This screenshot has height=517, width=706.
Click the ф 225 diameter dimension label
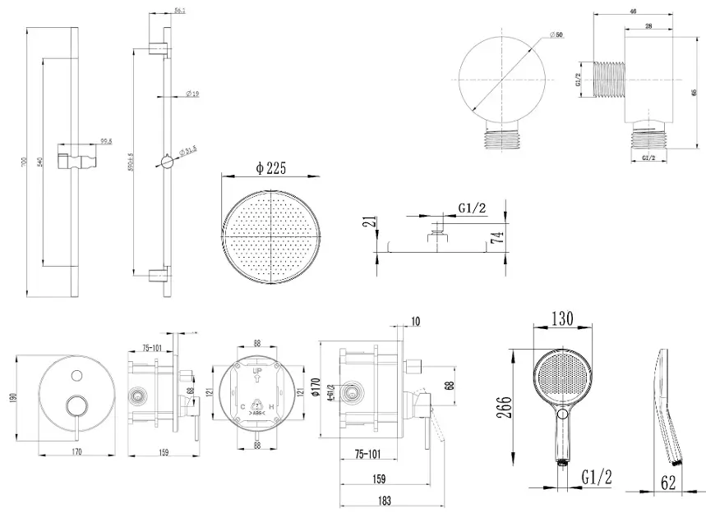point(270,169)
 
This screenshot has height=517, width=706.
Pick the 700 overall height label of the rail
point(25,164)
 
